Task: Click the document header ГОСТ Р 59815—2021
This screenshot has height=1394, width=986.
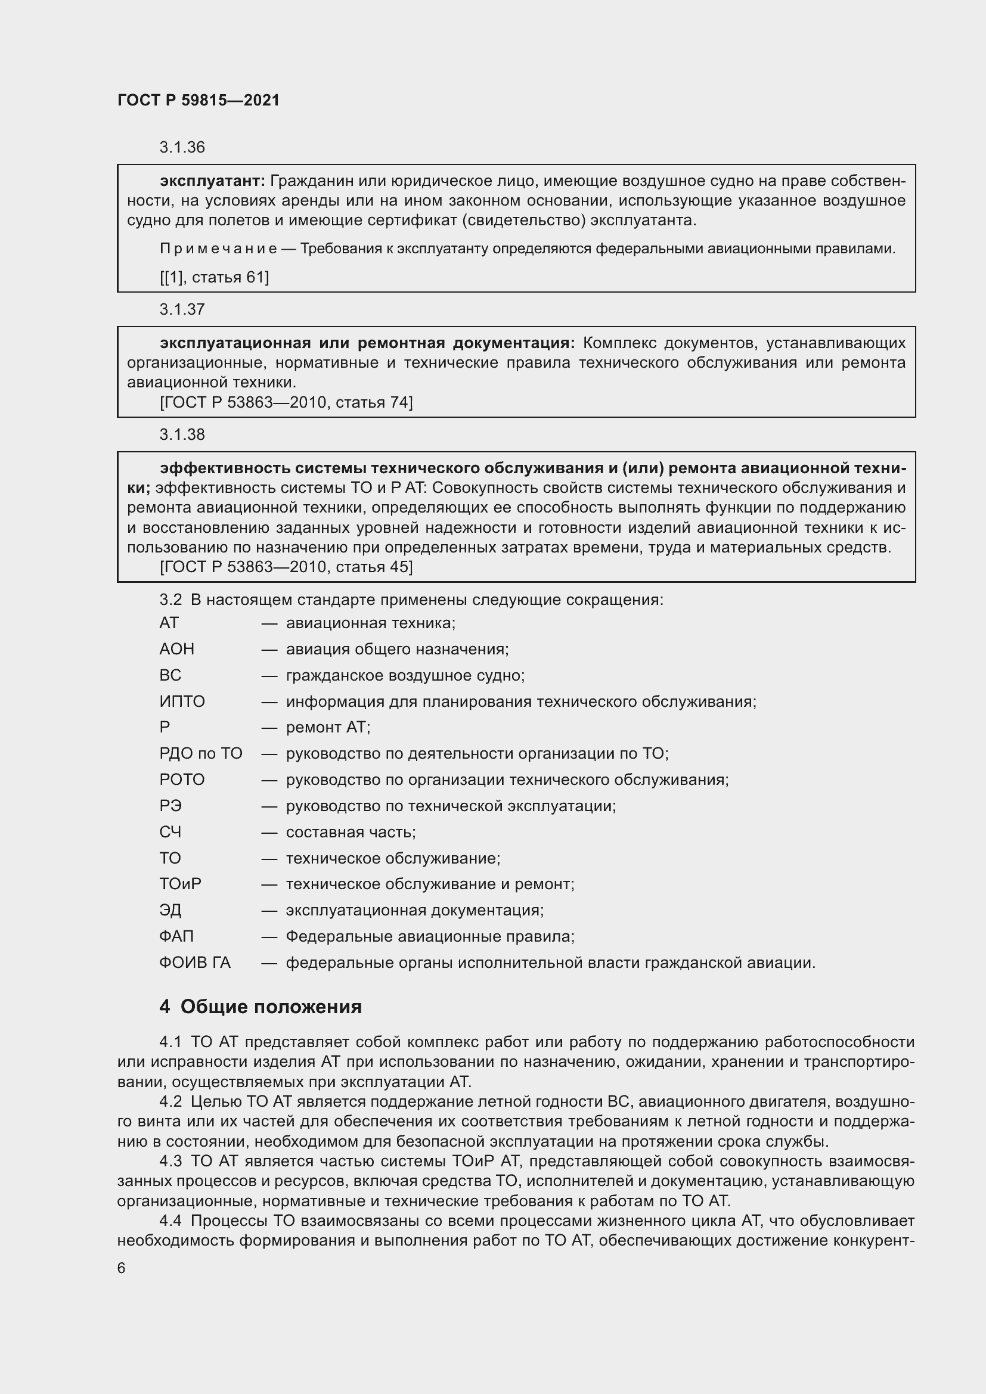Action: tap(199, 100)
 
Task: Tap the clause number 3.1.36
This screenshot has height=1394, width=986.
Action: tap(182, 148)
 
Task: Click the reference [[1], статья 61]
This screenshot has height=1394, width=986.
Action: tap(215, 278)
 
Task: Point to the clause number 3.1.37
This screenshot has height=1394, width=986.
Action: tap(182, 310)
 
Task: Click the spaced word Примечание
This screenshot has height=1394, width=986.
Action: tap(218, 249)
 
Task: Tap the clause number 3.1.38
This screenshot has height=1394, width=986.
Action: tap(182, 434)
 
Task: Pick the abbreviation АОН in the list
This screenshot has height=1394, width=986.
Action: tap(176, 650)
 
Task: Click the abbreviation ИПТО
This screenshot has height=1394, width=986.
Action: tap(182, 702)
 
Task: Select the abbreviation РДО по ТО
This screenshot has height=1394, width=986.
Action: tap(201, 754)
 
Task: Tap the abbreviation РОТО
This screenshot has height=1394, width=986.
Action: tap(182, 780)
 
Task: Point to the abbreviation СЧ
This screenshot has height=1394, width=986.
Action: tap(170, 833)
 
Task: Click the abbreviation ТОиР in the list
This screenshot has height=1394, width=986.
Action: tap(180, 884)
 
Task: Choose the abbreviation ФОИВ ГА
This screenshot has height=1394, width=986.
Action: tap(195, 963)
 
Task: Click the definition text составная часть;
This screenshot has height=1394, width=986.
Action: tap(351, 833)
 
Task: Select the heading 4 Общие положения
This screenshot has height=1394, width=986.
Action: tap(261, 1007)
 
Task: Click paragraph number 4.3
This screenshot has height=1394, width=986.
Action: tap(170, 1162)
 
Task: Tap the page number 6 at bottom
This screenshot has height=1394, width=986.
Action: tap(122, 1268)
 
